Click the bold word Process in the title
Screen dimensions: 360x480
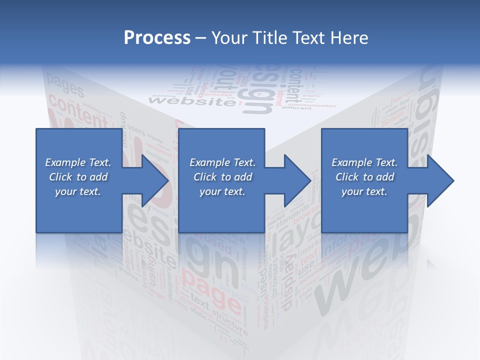coord(157,38)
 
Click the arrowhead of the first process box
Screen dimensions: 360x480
coord(155,180)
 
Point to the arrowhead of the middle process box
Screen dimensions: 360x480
coord(298,180)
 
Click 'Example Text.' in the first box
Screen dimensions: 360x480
coord(78,162)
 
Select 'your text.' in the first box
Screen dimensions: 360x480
coord(78,191)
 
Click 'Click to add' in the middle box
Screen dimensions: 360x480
coord(222,177)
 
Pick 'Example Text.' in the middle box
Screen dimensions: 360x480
coord(222,162)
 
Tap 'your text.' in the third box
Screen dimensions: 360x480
coord(364,191)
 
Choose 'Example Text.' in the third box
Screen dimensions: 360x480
coord(364,162)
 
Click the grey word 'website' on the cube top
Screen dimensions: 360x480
coord(192,101)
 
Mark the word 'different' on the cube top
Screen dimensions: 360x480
coord(296,107)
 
